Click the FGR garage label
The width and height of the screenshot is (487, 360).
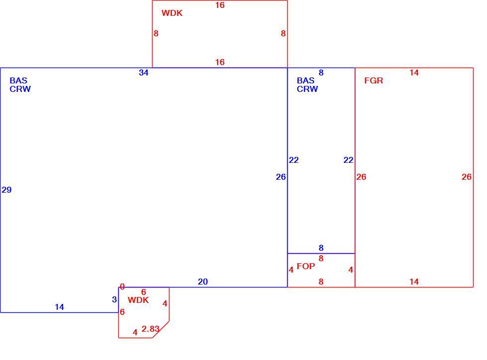[373, 80]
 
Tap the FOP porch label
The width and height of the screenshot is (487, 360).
[306, 266]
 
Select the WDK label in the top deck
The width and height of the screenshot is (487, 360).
[172, 13]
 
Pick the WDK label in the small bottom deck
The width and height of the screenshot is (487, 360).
[138, 300]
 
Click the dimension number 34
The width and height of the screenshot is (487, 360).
[144, 72]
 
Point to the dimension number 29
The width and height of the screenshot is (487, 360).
[6, 190]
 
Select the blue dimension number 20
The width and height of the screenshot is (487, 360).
[203, 282]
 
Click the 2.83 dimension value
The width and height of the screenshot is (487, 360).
[150, 329]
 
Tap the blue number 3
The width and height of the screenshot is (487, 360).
[114, 299]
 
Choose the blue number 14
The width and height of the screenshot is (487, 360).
[59, 307]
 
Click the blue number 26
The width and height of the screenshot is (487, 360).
[281, 177]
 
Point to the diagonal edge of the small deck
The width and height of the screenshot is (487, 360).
[161, 329]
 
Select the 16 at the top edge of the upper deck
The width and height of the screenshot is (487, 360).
[220, 5]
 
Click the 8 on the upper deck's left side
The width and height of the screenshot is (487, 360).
[156, 34]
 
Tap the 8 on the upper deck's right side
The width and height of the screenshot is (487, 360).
[283, 34]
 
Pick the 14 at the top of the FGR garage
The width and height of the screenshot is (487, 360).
[414, 72]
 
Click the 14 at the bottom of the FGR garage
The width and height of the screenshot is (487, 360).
[414, 282]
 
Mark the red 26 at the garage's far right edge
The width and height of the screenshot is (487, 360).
[467, 177]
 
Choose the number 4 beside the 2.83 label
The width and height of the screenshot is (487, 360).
[135, 332]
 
